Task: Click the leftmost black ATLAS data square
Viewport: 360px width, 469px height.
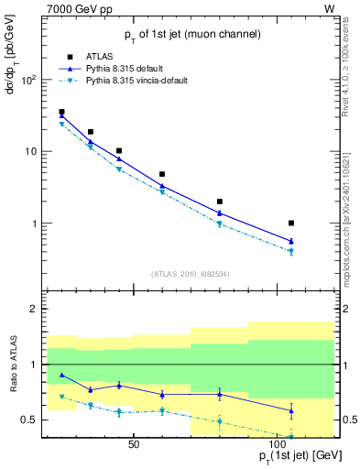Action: coord(61,112)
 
